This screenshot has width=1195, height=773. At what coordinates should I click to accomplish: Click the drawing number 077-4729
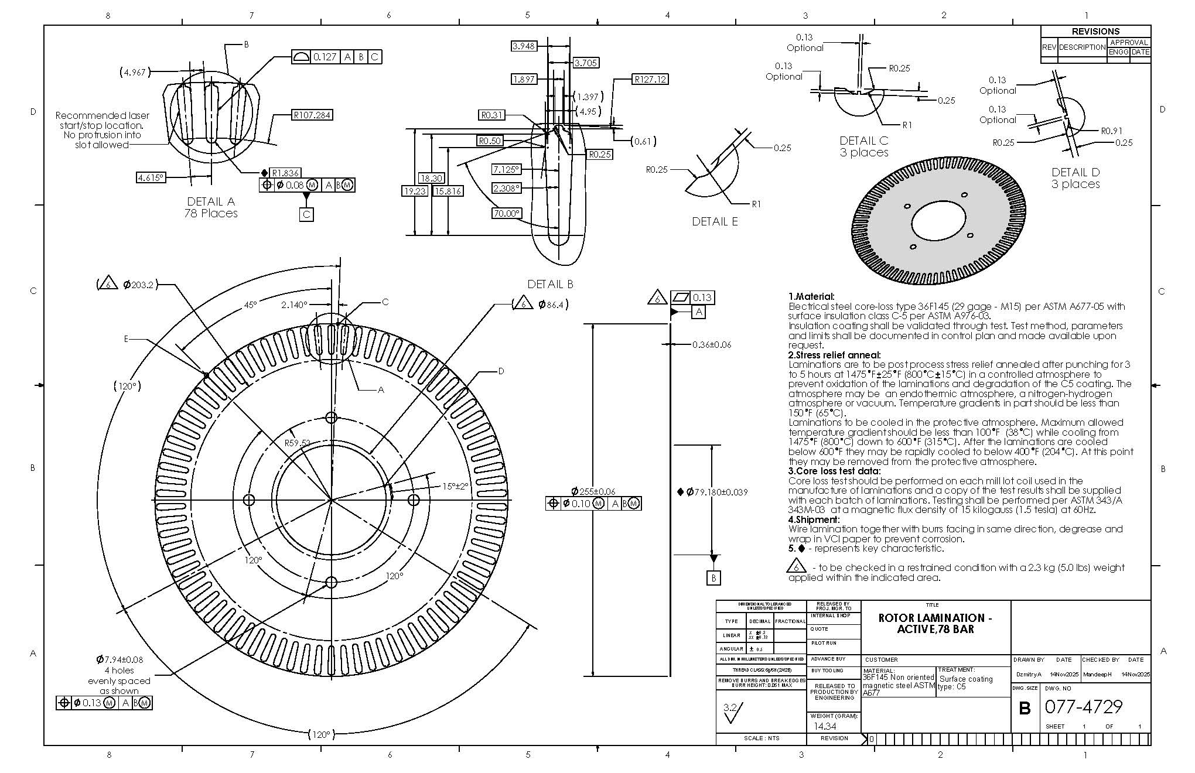1083,707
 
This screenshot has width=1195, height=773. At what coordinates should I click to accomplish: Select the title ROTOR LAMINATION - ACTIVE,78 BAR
935,623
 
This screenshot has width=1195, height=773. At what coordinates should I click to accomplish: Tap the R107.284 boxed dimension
312,115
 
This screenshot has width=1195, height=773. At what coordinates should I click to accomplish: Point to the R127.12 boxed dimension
650,79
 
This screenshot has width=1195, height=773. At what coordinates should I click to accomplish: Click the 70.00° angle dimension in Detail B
506,213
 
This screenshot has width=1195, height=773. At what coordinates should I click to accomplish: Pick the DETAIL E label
715,221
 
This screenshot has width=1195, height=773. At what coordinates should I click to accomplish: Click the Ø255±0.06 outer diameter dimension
593,491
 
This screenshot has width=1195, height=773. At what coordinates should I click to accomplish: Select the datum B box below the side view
713,578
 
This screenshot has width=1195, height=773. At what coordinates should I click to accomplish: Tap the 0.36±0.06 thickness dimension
711,344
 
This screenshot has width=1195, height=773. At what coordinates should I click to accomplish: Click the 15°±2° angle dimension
455,486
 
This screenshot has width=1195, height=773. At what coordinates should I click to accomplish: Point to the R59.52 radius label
298,443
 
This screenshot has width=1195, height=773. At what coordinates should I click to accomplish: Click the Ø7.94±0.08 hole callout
119,659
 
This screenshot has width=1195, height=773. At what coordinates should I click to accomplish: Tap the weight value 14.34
825,726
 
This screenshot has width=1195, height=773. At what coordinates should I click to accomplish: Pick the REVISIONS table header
1095,32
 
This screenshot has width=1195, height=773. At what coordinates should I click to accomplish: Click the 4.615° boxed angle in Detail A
151,177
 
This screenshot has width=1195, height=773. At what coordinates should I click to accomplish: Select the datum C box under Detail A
306,214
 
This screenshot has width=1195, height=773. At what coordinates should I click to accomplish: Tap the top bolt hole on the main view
331,418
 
